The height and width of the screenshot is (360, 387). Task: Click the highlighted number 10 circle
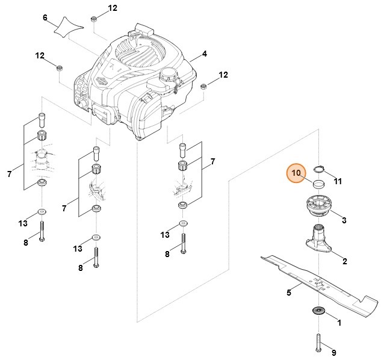[296, 173]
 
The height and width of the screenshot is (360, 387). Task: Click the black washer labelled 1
[317, 311]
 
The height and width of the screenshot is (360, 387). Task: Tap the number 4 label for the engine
[205, 54]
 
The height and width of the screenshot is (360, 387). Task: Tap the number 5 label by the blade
[289, 293]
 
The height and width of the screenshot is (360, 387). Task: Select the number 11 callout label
[338, 181]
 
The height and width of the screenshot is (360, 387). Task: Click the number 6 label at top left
[45, 17]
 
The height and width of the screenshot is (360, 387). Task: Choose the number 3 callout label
[344, 220]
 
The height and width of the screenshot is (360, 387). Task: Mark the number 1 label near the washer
[339, 323]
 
